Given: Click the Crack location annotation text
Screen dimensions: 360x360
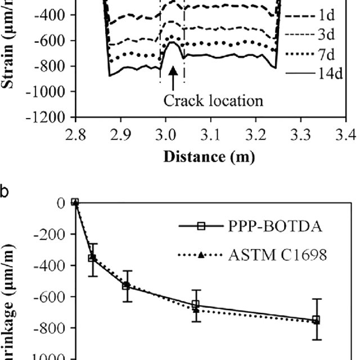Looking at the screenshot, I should click(x=213, y=101).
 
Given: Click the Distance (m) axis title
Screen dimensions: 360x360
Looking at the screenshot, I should click(x=209, y=156).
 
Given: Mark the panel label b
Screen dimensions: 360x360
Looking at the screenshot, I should click(x=4, y=191).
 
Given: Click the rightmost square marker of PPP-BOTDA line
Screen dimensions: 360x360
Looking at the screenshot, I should click(x=317, y=319).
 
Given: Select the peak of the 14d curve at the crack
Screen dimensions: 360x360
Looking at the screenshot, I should click(x=173, y=43).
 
